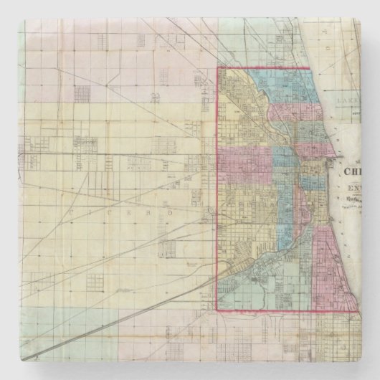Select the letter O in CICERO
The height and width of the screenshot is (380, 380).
152,213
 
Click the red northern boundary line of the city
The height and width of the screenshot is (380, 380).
265,69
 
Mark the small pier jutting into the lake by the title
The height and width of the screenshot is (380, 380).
331,163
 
